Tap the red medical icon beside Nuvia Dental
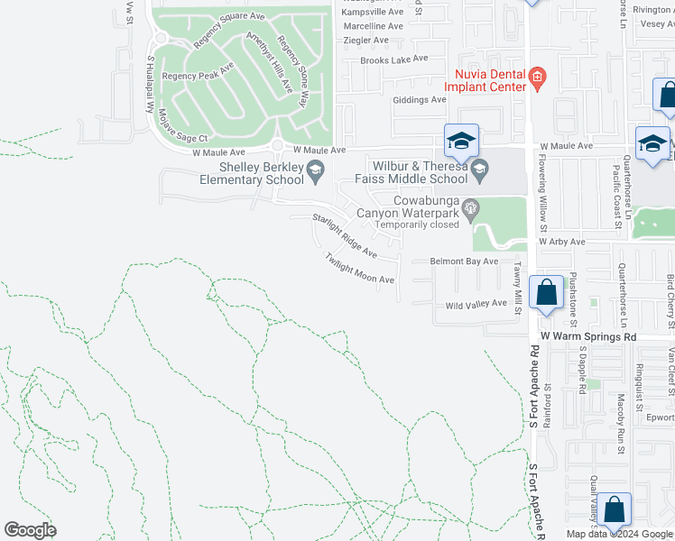537,76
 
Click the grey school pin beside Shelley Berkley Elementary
315,168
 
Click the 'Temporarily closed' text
418,225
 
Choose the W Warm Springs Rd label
589,336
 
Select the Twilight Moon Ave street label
360,268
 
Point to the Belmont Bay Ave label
464,261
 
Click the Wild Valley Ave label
476,305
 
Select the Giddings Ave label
419,100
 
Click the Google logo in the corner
30,530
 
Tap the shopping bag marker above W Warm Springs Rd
546,294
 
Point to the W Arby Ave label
562,243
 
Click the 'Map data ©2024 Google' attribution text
620,534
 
